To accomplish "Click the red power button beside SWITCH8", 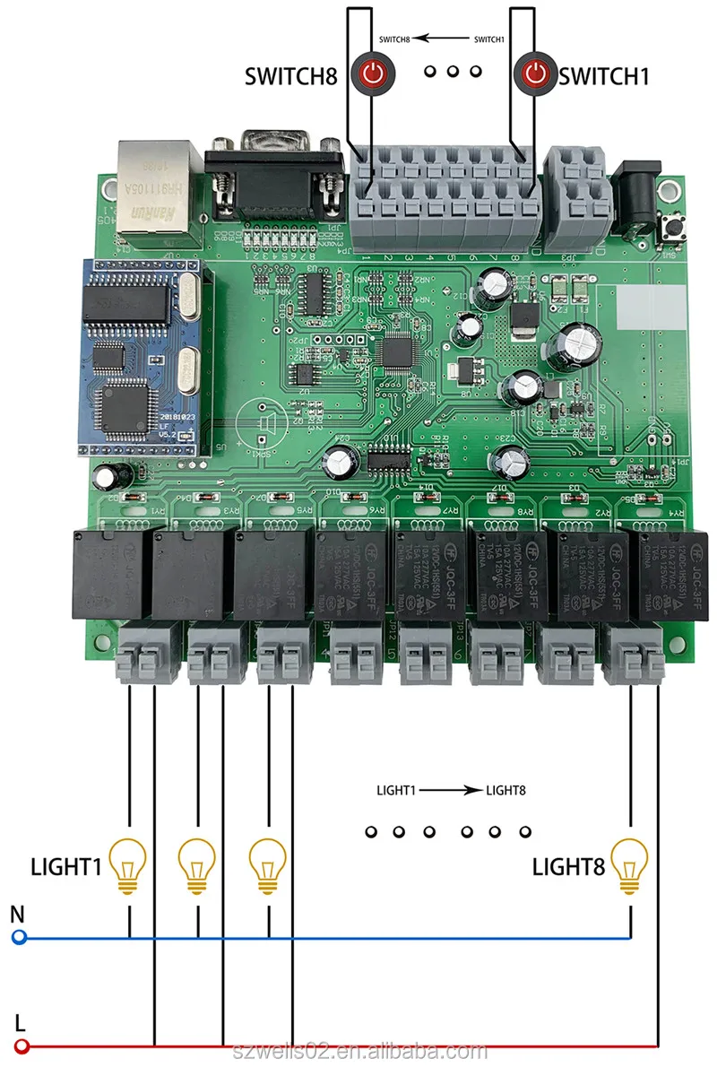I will pos(372,73).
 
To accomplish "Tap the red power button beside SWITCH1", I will pos(536,73).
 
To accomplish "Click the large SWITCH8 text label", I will pos(291,76).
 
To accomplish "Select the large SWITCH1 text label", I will pos(603,76).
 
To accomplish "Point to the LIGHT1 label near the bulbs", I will pos(66,867).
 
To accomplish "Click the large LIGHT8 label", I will pos(568,867).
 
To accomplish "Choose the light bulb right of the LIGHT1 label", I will pos(127,865).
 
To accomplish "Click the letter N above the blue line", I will pos(17,915).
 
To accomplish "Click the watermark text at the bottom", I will pos(358,1050).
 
